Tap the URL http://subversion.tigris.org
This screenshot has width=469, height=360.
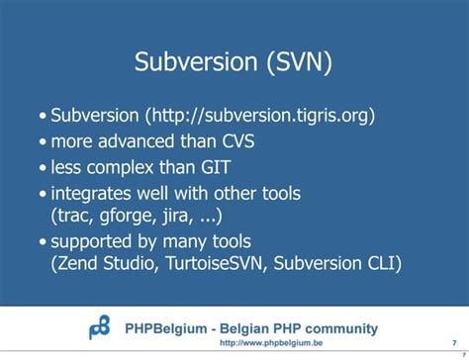(x=260, y=116)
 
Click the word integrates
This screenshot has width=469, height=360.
(x=95, y=193)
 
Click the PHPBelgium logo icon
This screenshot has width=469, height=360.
(x=101, y=327)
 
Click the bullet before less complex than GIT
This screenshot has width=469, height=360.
(x=43, y=168)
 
